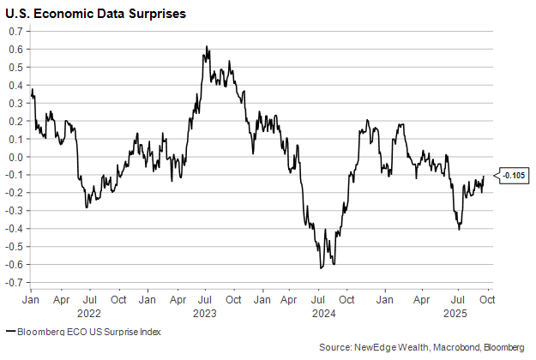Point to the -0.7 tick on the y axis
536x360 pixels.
pyautogui.click(x=15, y=283)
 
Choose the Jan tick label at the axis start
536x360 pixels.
pyautogui.click(x=30, y=301)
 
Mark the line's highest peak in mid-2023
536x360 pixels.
pyautogui.click(x=207, y=47)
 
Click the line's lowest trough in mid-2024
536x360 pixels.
pyautogui.click(x=321, y=268)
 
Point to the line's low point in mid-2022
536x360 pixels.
pyautogui.click(x=87, y=207)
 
